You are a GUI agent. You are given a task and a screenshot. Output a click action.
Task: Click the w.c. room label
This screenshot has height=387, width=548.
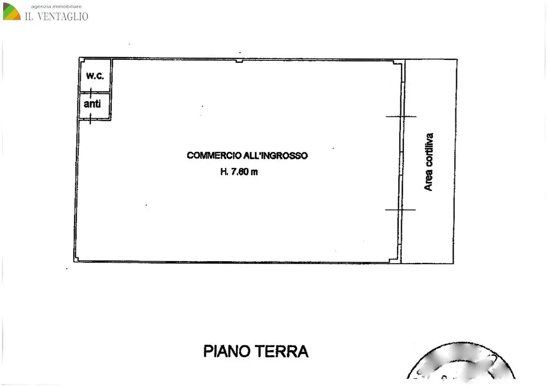tap(95, 76)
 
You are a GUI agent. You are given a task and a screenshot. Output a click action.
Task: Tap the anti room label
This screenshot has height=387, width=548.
tap(92, 104)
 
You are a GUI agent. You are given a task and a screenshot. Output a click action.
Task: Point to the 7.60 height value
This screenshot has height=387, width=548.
tap(240, 172)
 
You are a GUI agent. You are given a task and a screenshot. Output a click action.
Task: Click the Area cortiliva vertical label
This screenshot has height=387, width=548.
tap(429, 162)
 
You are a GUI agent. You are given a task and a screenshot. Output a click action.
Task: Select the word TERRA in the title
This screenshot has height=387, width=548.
tap(282, 351)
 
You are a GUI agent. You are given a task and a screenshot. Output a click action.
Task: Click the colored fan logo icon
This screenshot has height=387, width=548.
tap(12, 12)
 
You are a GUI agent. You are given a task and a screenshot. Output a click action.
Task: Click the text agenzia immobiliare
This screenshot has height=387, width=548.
tap(56, 6)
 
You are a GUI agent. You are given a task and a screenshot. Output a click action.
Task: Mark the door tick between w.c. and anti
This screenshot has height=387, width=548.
tap(91, 93)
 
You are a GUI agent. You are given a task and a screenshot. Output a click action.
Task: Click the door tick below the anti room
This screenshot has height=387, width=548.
tap(90, 119)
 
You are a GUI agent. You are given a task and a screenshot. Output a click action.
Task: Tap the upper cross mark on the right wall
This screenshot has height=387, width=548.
tap(401, 117)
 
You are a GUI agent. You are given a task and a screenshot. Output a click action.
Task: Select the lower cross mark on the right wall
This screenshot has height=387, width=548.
tap(400, 210)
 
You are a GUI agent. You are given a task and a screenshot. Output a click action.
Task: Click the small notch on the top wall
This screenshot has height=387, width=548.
tap(239, 61)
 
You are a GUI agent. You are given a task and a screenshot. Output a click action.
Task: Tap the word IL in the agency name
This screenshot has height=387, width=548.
tap(29, 16)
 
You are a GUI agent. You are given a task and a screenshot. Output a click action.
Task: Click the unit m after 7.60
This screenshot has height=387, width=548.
tap(254, 173)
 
